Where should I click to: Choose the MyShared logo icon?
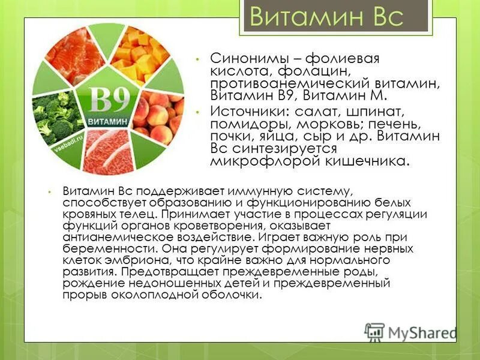point(374,332)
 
